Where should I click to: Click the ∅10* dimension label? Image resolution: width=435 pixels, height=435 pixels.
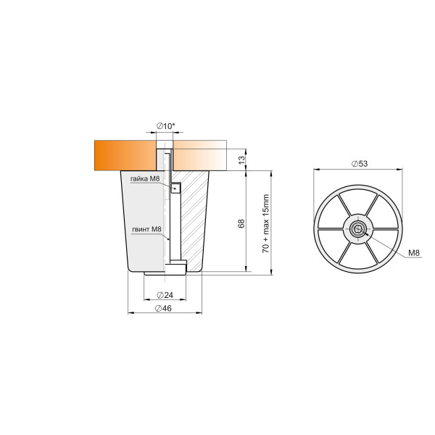point(165,126)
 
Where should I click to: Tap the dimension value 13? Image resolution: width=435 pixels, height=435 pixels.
point(242,159)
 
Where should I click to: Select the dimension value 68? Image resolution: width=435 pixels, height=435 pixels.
point(241,223)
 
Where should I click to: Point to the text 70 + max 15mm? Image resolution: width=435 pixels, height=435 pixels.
point(266,223)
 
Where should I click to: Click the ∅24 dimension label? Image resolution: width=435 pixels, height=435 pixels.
point(165,295)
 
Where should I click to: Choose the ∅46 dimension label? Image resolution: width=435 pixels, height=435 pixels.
point(163,308)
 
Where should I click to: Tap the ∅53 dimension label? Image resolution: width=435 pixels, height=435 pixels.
point(360,164)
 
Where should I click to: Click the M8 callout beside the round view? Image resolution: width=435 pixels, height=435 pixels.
point(414,253)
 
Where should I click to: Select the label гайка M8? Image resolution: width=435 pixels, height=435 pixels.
point(145,179)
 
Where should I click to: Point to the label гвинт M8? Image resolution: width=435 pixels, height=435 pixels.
point(146,229)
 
